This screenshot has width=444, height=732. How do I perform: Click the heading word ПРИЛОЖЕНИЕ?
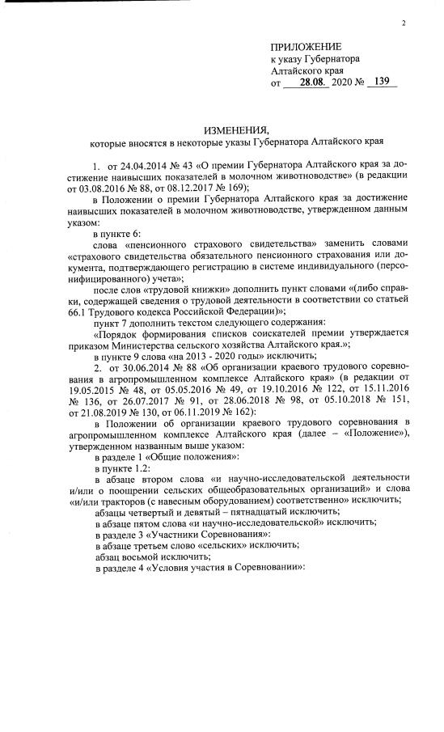coord(306,47)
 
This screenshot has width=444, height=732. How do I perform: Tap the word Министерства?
coord(159,345)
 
